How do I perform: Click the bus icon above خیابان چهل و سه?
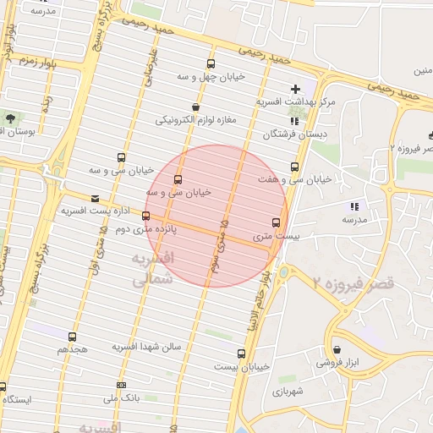point(210,64)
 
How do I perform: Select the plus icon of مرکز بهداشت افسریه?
point(295,88)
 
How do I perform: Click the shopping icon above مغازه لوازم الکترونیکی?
point(197,107)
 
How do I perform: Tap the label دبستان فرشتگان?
point(288,134)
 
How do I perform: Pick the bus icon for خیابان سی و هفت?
point(294,166)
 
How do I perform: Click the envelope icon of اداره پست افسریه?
point(94,199)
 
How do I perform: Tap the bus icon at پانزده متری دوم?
point(146,216)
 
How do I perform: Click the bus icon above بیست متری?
point(276,222)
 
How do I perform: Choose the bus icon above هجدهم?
point(71,336)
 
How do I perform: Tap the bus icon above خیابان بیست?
point(242,354)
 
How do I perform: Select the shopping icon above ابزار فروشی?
point(337,349)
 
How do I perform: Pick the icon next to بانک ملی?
point(121,385)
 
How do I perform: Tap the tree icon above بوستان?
point(10,119)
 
